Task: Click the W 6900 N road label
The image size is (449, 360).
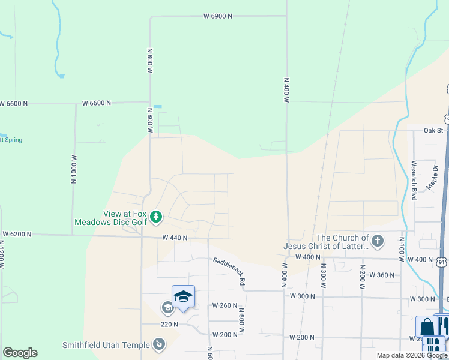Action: [x=217, y=16]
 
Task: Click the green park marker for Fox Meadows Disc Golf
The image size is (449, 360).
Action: [x=156, y=216]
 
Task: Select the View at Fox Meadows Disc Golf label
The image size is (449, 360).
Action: [x=111, y=218]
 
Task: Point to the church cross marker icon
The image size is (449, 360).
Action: [x=377, y=242]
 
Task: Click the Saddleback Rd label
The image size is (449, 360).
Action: [x=229, y=271]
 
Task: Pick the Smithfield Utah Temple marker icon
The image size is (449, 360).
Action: [x=159, y=344]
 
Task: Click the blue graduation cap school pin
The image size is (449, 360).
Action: [x=183, y=296]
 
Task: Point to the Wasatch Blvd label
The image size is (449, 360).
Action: [x=414, y=179]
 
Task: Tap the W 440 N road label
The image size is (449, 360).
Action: [x=175, y=238]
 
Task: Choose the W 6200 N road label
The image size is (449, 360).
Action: [x=16, y=233]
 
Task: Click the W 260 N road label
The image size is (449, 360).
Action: [x=224, y=305]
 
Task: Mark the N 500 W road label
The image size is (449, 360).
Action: [x=241, y=321]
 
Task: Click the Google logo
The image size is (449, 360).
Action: [x=20, y=353]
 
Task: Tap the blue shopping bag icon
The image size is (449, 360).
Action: [x=426, y=327]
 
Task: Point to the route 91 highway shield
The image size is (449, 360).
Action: [x=442, y=262]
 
